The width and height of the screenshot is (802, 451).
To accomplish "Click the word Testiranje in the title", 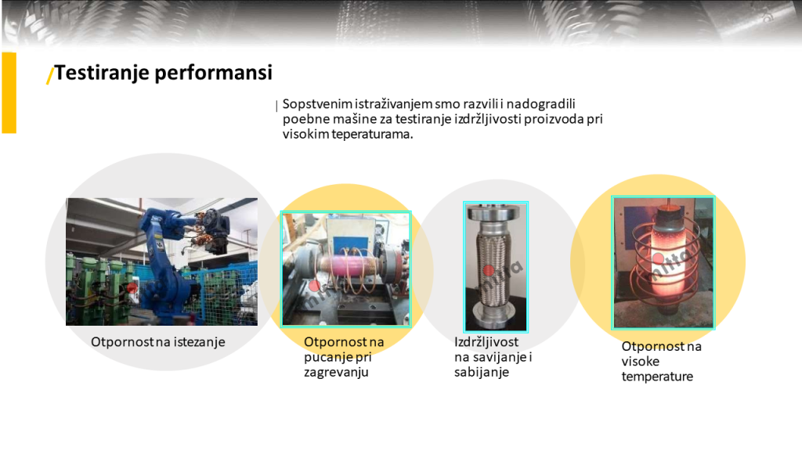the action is (101, 73).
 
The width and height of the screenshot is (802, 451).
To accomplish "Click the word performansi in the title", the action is (213, 73).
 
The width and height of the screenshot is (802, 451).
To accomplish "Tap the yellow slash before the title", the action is (49, 74).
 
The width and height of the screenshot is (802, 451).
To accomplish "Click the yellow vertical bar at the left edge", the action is (9, 92).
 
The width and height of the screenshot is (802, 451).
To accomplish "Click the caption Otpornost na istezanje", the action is (158, 342).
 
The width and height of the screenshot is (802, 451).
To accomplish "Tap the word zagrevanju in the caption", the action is (336, 372).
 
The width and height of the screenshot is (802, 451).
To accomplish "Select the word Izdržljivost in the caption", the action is (486, 342).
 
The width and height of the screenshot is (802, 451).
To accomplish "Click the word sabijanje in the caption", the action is (482, 372).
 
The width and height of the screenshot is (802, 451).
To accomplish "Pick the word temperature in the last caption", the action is (657, 377).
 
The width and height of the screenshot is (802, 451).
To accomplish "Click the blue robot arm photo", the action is (161, 262).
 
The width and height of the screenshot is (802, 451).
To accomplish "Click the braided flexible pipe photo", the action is (495, 266).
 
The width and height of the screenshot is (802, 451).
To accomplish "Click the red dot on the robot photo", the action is (133, 287).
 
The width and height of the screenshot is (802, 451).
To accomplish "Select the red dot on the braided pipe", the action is (489, 270).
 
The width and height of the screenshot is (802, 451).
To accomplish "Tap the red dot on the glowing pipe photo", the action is (658, 258).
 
